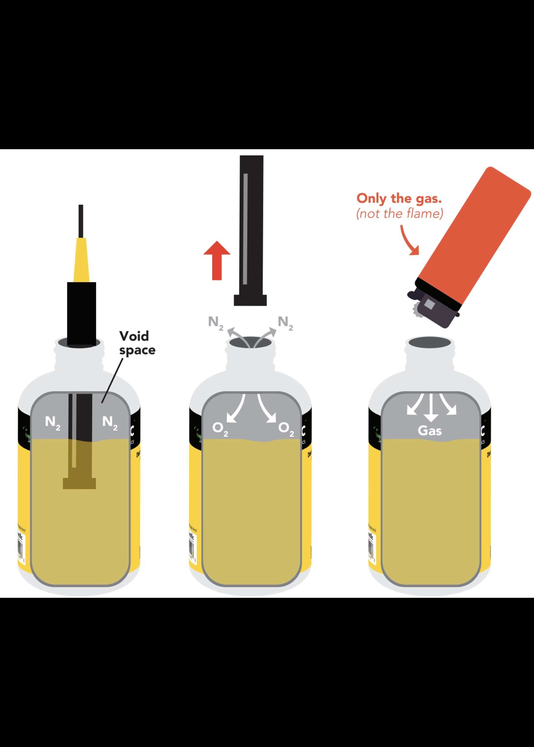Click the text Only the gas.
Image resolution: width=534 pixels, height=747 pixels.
point(399,198)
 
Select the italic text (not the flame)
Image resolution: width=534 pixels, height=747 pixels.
point(400,214)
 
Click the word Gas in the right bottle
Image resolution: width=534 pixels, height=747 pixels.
point(430,430)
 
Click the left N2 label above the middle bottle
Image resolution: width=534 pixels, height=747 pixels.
point(216,322)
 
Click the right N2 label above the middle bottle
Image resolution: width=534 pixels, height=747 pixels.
point(285,322)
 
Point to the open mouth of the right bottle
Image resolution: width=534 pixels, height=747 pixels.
point(430,343)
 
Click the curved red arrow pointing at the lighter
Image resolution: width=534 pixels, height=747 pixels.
point(409,241)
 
